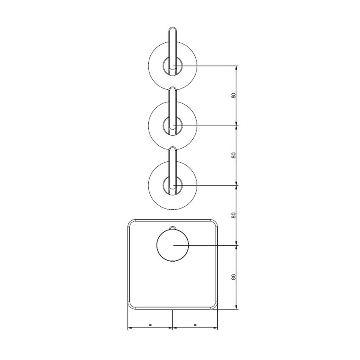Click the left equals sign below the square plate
(150, 325)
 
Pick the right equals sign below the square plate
(195, 325)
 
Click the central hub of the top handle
(173, 66)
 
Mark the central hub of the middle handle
(173, 126)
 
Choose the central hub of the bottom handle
(173, 186)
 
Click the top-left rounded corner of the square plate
(131, 223)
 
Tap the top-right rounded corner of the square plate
(214, 223)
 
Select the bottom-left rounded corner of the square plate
(131, 306)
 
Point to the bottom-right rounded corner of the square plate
(214, 306)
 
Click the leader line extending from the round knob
(208, 246)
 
